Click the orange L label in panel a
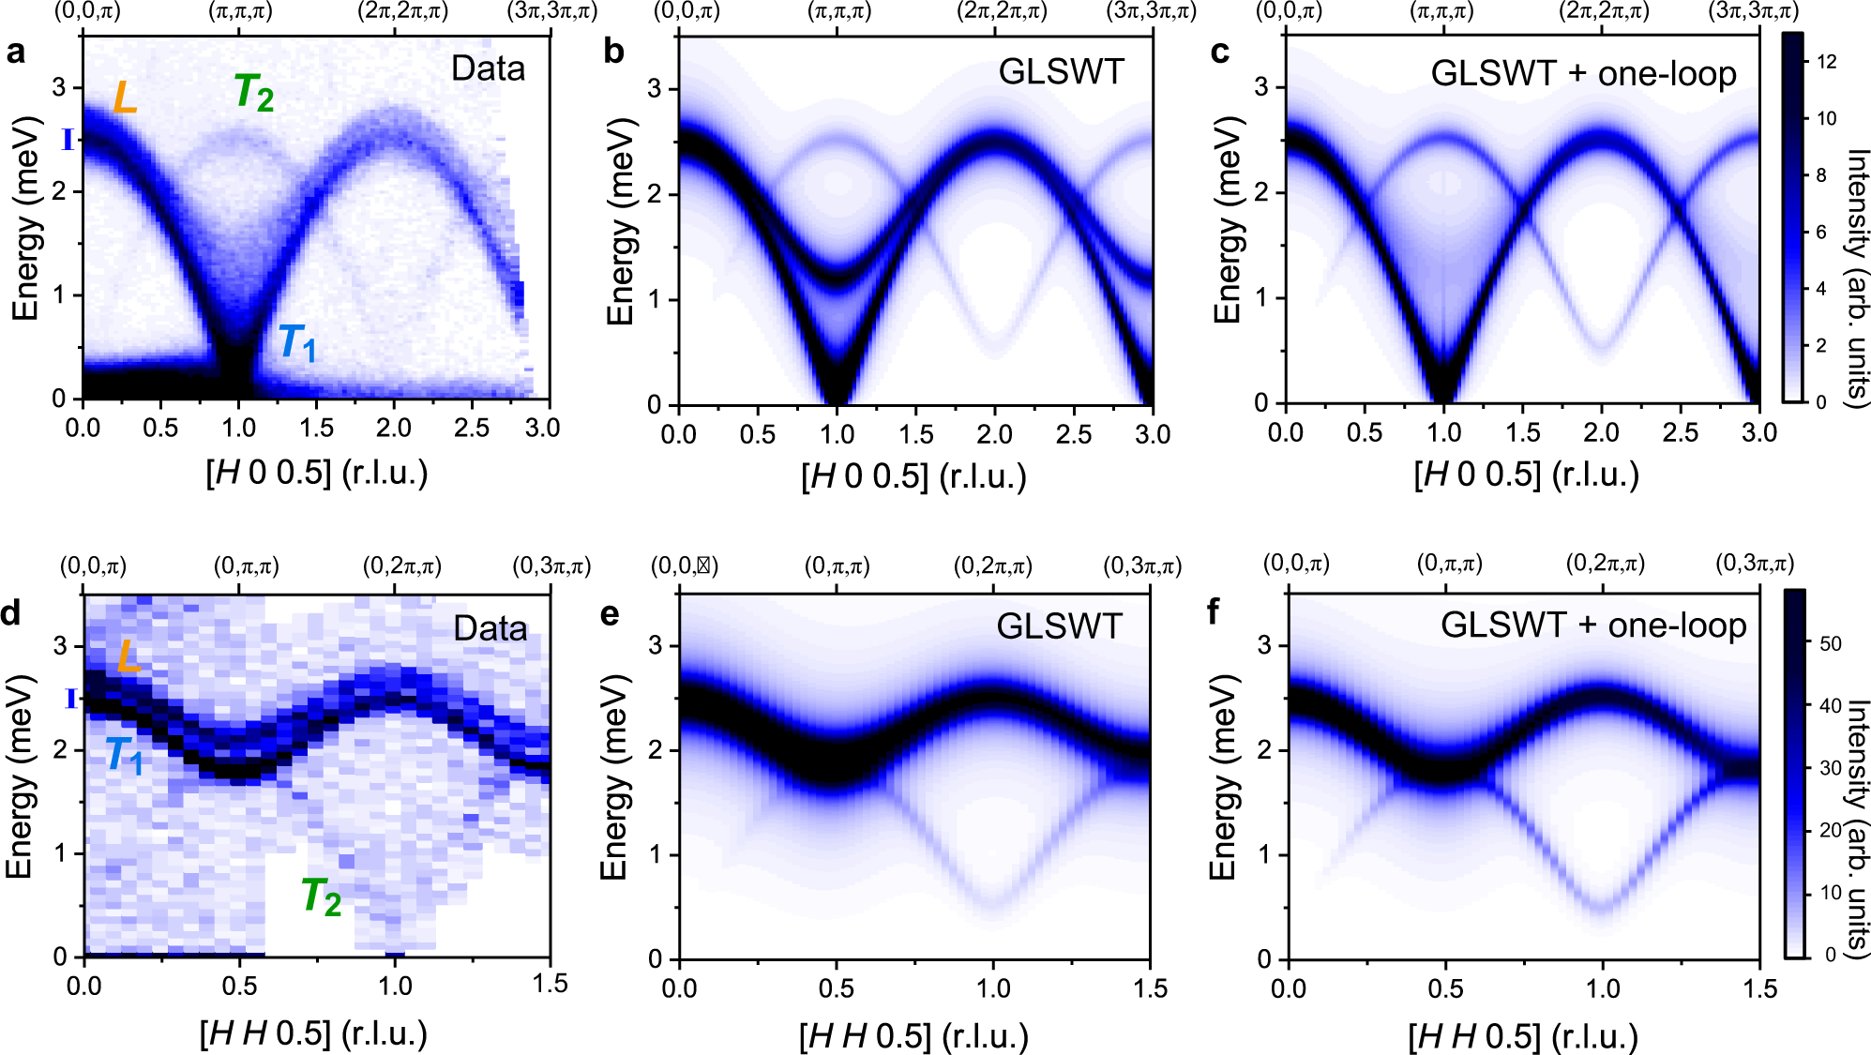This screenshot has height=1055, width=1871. click(x=125, y=98)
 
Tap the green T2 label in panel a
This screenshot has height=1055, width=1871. click(x=253, y=93)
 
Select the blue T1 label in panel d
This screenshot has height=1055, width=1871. click(x=124, y=756)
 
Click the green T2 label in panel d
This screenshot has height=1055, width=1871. click(x=321, y=897)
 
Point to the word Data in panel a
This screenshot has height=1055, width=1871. click(x=488, y=68)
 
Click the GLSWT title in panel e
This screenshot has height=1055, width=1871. click(x=1059, y=626)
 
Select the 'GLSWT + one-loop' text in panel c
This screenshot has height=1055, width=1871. click(x=1583, y=73)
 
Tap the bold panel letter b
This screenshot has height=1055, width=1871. click(x=613, y=52)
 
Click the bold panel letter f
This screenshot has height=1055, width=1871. click(x=1214, y=612)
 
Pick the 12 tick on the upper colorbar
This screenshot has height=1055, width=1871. click(x=1826, y=62)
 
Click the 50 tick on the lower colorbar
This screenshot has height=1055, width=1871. click(x=1830, y=643)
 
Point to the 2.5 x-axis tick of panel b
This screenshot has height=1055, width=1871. click(x=1073, y=434)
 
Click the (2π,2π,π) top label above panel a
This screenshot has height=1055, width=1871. click(x=402, y=11)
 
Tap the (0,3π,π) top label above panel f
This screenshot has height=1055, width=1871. click(x=1755, y=564)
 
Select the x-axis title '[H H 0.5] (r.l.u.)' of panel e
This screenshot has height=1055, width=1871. click(x=913, y=1036)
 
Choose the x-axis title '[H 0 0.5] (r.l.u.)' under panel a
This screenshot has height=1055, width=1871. click(x=317, y=473)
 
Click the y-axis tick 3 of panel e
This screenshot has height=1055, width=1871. click(x=656, y=645)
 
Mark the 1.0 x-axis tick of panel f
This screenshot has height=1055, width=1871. click(x=1603, y=988)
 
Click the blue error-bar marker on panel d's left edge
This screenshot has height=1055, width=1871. click(x=69, y=699)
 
